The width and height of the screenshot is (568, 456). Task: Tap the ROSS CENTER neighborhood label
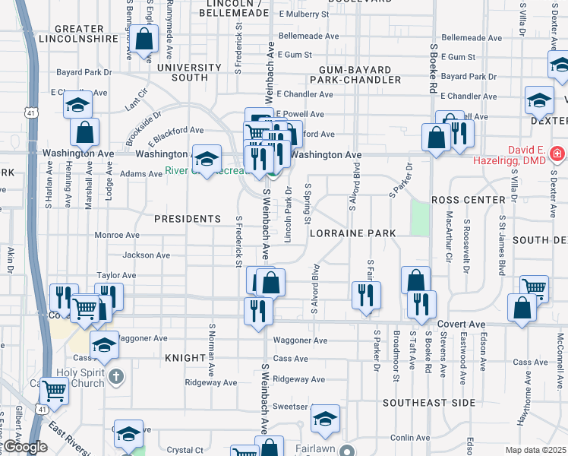click(468, 200)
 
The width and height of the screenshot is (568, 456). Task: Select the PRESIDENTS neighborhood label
click(187, 219)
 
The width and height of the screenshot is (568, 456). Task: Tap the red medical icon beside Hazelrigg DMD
click(557, 154)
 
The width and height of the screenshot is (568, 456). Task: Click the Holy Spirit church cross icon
click(115, 375)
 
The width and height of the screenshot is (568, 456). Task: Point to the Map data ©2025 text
click(536, 450)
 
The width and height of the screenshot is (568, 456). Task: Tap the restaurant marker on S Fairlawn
click(367, 296)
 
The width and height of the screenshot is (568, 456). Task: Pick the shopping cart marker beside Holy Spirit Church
click(54, 391)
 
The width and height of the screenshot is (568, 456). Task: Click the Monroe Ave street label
click(117, 236)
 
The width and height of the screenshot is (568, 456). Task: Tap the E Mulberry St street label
click(304, 14)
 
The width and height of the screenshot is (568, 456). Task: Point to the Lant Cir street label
click(137, 100)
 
